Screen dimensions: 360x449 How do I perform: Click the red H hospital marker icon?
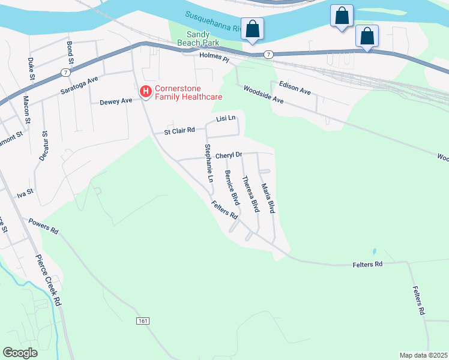[145, 92]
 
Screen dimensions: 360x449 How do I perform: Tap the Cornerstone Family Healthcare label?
[188, 92]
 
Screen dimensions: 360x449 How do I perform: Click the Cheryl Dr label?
[228, 155]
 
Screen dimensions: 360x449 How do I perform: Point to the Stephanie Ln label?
[208, 163]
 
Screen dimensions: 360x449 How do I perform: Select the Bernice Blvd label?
[232, 188]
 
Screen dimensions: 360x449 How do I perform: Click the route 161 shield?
[142, 322]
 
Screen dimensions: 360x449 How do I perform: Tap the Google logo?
[20, 353]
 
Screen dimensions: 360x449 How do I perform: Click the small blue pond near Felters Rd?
[374, 251]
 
